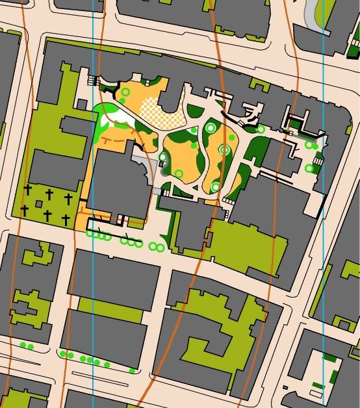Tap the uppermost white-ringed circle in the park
210,128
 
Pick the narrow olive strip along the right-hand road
322,286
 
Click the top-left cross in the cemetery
27,190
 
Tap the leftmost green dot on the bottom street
22,345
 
